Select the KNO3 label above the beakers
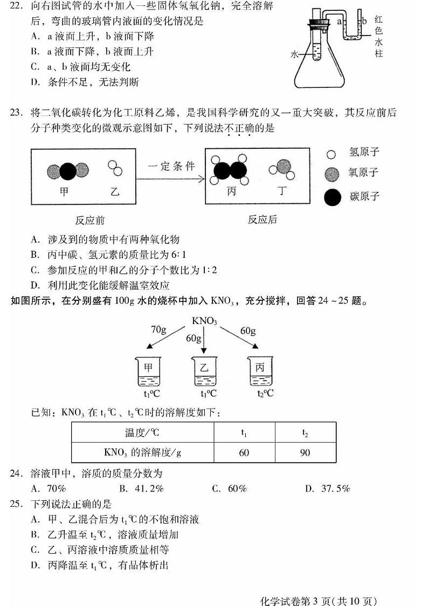coord(204,321)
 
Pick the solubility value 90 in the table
coord(305,452)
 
